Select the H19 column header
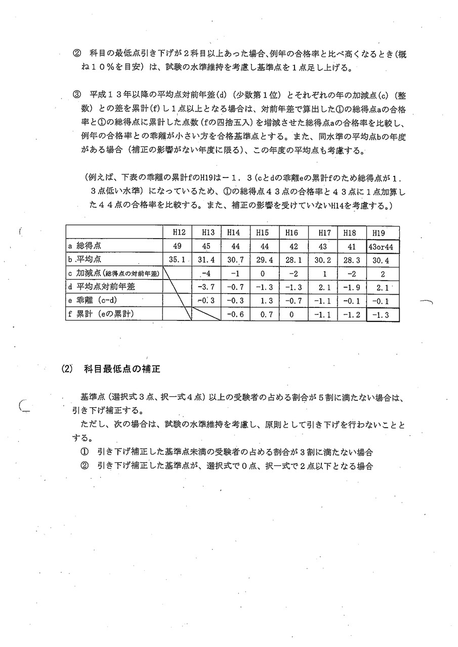coord(378,233)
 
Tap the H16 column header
coord(292,233)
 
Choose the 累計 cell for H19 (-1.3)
coord(383,314)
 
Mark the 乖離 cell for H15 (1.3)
coord(262,300)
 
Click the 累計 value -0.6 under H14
coord(233,314)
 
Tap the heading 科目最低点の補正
coord(122,369)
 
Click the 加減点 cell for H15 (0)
coord(262,273)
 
